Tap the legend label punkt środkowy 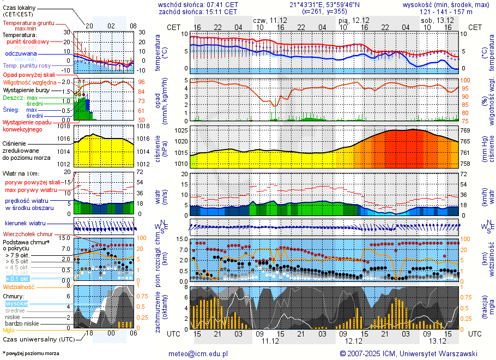tap(28, 41)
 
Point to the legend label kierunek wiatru tap(26, 224)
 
